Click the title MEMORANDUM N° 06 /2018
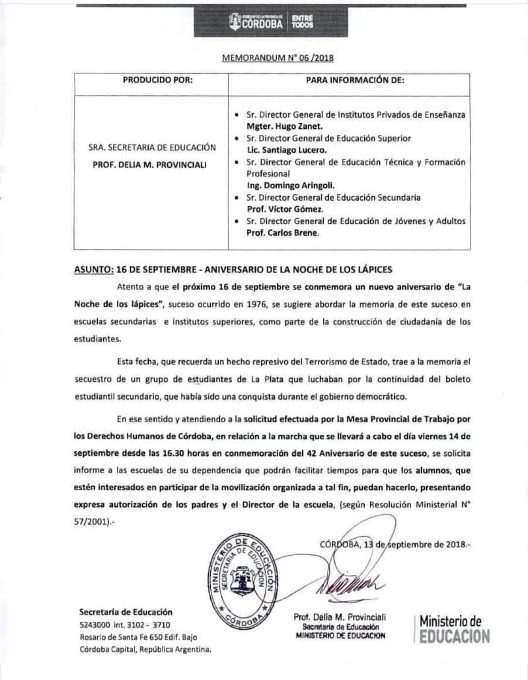(269, 57)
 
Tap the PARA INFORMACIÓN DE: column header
(354, 81)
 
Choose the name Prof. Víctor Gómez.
(280, 209)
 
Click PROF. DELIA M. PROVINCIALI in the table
(153, 162)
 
